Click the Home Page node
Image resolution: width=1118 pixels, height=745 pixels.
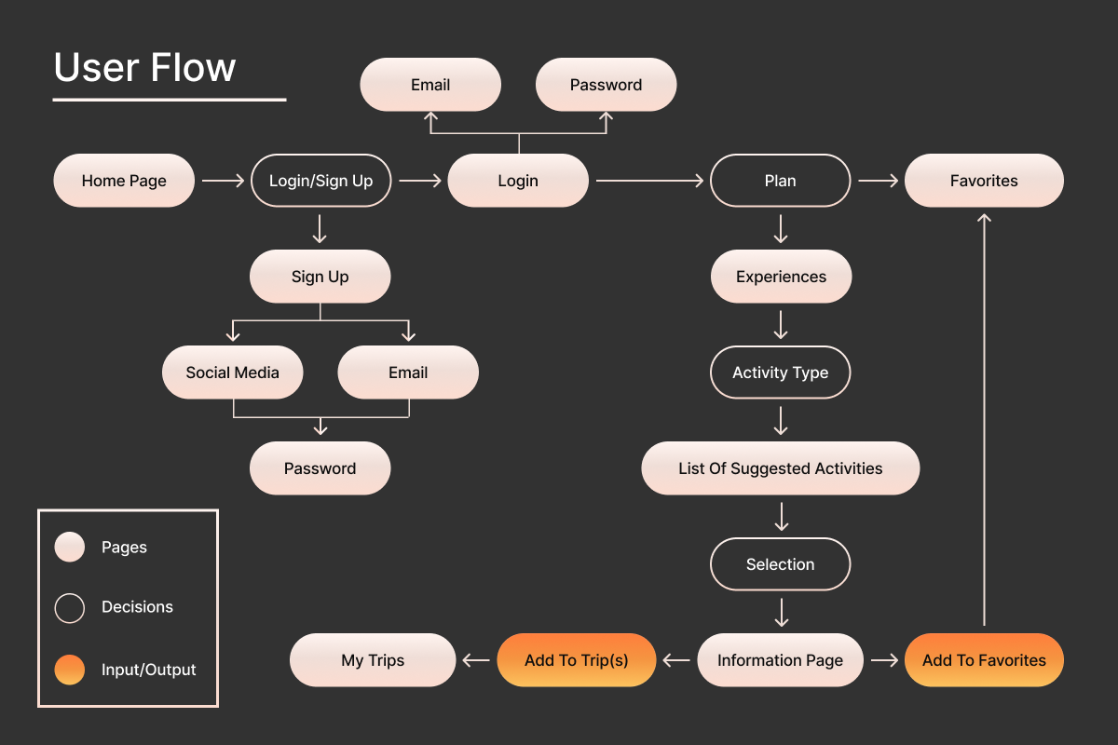pyautogui.click(x=124, y=181)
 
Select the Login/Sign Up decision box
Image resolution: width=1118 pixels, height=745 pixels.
pyautogui.click(x=320, y=181)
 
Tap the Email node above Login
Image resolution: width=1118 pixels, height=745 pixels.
pyautogui.click(x=430, y=85)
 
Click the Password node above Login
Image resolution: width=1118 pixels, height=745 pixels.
pyautogui.click(x=606, y=85)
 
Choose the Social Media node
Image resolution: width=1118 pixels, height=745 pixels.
pyautogui.click(x=232, y=372)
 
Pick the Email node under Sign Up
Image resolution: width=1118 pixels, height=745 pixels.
pyautogui.click(x=407, y=372)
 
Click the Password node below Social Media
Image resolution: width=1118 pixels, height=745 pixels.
pyautogui.click(x=320, y=468)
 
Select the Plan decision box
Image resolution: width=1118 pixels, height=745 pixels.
pyautogui.click(x=780, y=181)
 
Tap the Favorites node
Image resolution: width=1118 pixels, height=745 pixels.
pyautogui.click(x=984, y=181)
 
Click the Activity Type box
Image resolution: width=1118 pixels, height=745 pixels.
pyautogui.click(x=780, y=372)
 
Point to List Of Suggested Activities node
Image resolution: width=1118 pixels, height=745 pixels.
pyautogui.click(x=780, y=468)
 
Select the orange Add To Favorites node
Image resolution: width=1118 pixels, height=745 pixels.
pyautogui.click(x=984, y=660)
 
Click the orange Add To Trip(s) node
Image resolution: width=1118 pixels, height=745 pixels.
pyautogui.click(x=576, y=660)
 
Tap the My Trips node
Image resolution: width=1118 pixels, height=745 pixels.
pyautogui.click(x=373, y=660)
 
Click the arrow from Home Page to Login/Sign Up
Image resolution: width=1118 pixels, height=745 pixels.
pyautogui.click(x=223, y=181)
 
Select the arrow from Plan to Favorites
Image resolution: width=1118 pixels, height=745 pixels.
pyautogui.click(x=878, y=181)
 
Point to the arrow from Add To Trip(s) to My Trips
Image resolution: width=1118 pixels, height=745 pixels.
pyautogui.click(x=476, y=660)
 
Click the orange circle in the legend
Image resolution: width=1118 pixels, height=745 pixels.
pyautogui.click(x=70, y=669)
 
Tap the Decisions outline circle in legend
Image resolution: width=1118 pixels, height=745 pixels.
pyautogui.click(x=70, y=607)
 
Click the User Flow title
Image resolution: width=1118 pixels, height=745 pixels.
pyautogui.click(x=144, y=68)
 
